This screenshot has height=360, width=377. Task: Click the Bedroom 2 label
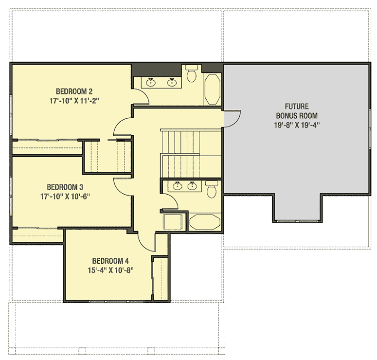coord(74,91)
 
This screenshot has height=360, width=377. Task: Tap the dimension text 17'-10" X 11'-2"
coord(74,101)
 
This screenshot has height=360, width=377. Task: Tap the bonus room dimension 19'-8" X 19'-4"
coord(296,125)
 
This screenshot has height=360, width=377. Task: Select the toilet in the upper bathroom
coord(192,73)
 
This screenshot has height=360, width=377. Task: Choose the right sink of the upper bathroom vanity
coord(172,82)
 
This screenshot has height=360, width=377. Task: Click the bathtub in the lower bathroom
coord(205,222)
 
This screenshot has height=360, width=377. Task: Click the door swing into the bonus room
coord(233,117)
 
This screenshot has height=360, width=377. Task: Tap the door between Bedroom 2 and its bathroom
coord(141,97)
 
